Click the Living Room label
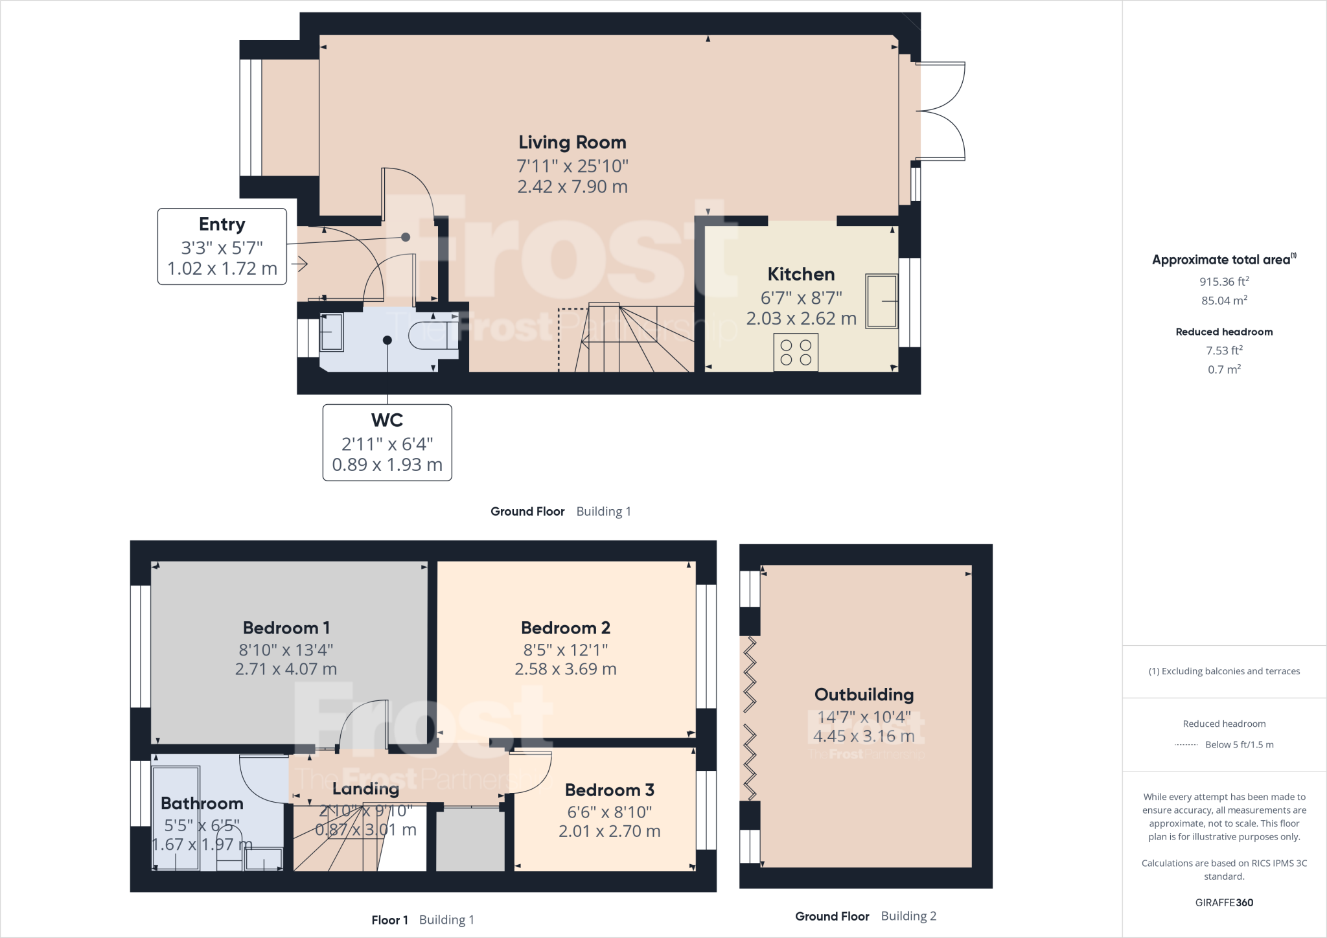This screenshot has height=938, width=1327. (x=572, y=143)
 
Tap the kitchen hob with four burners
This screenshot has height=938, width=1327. (x=796, y=352)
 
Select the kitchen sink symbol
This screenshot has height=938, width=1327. (x=881, y=301)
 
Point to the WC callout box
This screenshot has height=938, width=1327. (x=387, y=442)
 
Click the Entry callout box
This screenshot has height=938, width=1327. (x=222, y=246)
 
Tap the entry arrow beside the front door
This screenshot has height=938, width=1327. (x=299, y=264)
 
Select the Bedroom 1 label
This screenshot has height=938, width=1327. (x=286, y=628)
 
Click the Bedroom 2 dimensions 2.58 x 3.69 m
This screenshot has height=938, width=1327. (x=565, y=669)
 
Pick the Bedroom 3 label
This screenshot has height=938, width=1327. (x=609, y=790)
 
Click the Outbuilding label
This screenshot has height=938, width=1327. (x=864, y=695)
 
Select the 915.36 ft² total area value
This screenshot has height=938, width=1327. (x=1223, y=282)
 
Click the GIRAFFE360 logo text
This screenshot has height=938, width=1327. (x=1223, y=902)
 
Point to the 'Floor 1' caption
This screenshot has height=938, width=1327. (x=389, y=920)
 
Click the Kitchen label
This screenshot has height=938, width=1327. (x=801, y=274)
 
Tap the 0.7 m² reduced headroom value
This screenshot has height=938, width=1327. (x=1223, y=369)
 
